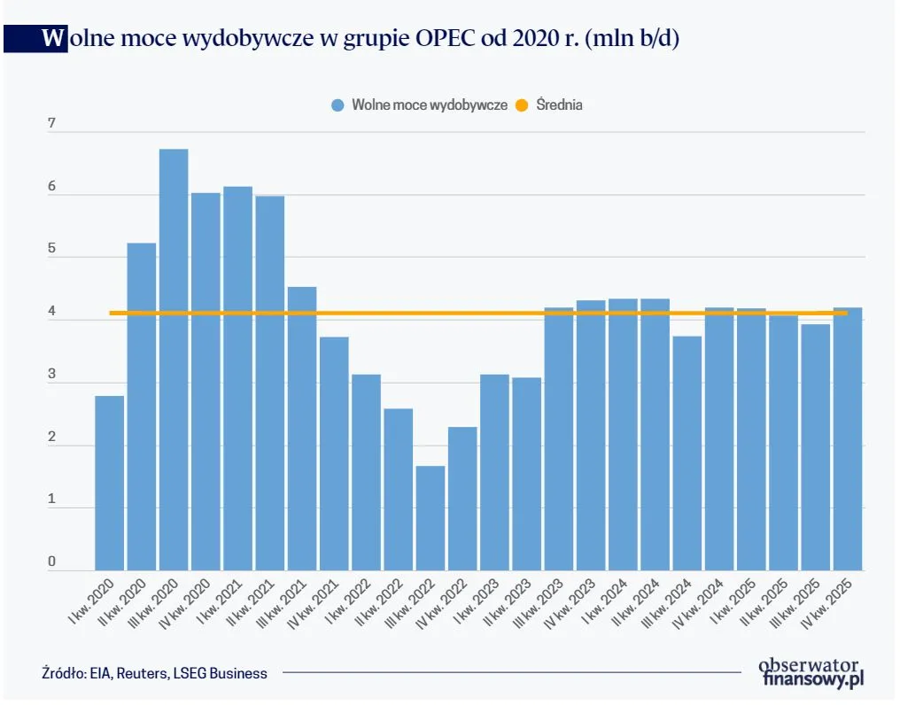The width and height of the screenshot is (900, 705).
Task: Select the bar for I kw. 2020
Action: click(x=109, y=483)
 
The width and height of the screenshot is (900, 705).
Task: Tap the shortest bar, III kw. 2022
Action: click(x=431, y=518)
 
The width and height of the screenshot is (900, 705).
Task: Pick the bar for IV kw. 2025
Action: click(x=848, y=438)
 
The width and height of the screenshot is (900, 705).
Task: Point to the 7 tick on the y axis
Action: click(x=51, y=124)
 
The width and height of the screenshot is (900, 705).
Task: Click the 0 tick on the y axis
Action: click(x=51, y=562)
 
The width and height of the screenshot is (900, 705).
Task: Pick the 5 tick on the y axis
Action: click(x=51, y=249)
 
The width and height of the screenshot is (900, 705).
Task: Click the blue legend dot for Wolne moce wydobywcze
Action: click(x=337, y=105)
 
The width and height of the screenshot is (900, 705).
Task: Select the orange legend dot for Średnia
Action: click(x=522, y=105)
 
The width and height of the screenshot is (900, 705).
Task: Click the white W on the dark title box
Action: click(x=53, y=39)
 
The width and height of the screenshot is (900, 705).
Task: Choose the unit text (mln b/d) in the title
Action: click(x=630, y=39)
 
